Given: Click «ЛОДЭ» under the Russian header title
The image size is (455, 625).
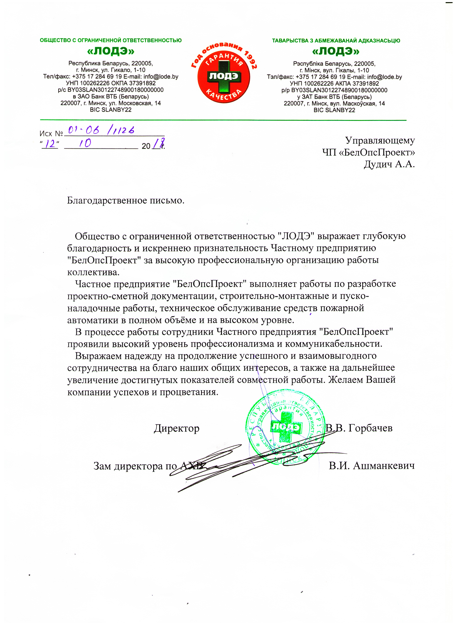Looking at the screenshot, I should pos(111,51).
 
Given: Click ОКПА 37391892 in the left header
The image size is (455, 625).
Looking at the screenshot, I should pos(133,83).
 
